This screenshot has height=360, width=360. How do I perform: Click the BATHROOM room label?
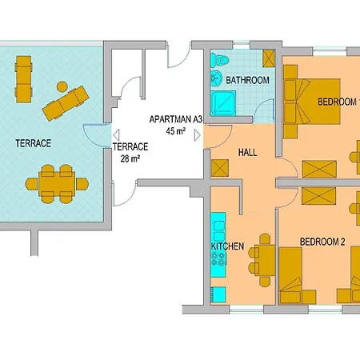click(x=246, y=81)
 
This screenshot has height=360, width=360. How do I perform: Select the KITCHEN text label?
click(x=227, y=246)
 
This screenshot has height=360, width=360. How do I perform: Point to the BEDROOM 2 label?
click(x=322, y=240)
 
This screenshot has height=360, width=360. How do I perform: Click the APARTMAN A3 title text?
click(x=176, y=119)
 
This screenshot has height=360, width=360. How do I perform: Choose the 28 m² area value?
click(x=129, y=158)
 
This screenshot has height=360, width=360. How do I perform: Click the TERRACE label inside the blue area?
click(x=34, y=143)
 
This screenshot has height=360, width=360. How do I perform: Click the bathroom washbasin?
click(x=216, y=80)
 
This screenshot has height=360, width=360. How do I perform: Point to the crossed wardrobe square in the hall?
click(x=219, y=168)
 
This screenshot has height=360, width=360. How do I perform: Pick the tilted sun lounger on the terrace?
click(x=66, y=102)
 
